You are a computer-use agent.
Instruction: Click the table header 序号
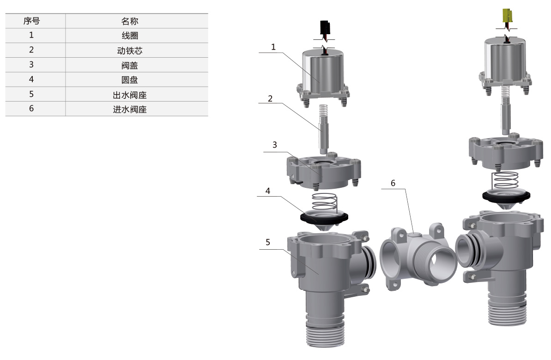click(x=31, y=21)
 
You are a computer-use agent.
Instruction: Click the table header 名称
click(x=130, y=21)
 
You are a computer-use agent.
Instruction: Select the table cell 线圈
click(x=130, y=36)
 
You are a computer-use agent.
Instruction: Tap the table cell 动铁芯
click(x=130, y=51)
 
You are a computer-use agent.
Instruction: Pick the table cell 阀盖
click(x=130, y=66)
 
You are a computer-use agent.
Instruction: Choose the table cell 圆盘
click(x=130, y=80)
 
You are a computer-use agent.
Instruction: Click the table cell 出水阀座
click(x=130, y=95)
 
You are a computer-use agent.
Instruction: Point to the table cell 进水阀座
click(x=130, y=109)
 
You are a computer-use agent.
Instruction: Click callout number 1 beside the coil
click(x=273, y=47)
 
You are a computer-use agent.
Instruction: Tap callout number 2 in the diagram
click(x=270, y=99)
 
